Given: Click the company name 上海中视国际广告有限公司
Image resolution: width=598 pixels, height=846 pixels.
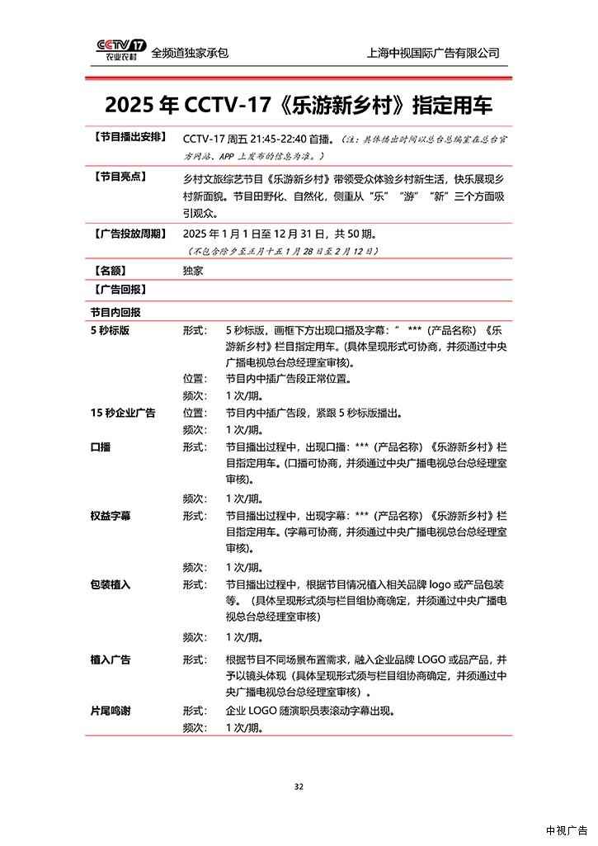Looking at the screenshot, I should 433,53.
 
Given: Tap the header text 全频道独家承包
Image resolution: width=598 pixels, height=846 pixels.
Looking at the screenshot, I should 190,53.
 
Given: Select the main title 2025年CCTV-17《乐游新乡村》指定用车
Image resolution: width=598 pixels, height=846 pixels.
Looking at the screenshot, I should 299,106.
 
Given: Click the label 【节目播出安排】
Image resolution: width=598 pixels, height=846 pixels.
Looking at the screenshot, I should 129,136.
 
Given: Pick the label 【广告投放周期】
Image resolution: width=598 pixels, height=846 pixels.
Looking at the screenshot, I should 129,234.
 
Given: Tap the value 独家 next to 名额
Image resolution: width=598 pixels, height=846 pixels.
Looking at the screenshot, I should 193,270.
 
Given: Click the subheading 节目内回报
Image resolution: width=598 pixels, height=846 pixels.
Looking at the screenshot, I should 115,313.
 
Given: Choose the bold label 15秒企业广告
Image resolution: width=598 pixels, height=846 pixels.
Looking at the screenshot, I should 123,413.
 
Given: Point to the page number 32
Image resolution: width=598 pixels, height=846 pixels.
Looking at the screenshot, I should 299,786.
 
